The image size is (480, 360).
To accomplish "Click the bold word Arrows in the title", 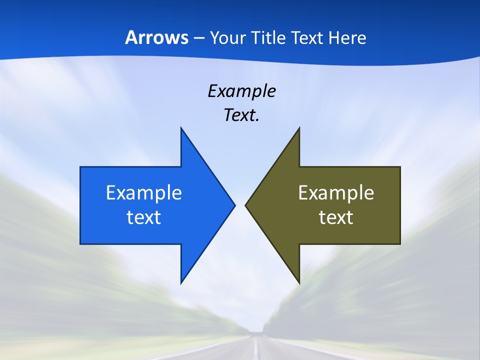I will coord(156,38).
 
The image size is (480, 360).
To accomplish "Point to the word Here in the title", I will coord(347,38).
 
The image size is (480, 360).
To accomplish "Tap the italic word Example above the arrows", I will coord(241,91).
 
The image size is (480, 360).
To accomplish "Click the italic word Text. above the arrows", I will coord(241,115).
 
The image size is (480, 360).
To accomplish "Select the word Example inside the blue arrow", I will coord(144,193).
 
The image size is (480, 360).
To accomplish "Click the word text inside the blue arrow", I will coord(144,217).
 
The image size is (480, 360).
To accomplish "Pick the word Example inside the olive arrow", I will coord(336,193).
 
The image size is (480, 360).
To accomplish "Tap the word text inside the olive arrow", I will coord(336,217).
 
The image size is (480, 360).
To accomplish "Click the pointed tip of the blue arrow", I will coord(234,205).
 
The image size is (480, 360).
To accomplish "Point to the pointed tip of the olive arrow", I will coord(245,205).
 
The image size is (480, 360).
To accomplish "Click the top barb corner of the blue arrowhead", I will coord(181,128).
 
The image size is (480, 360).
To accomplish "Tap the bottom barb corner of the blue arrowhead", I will coord(181,283).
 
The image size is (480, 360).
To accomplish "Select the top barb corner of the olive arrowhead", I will coord(299,128).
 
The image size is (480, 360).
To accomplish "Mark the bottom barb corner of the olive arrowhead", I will coord(299,283).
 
